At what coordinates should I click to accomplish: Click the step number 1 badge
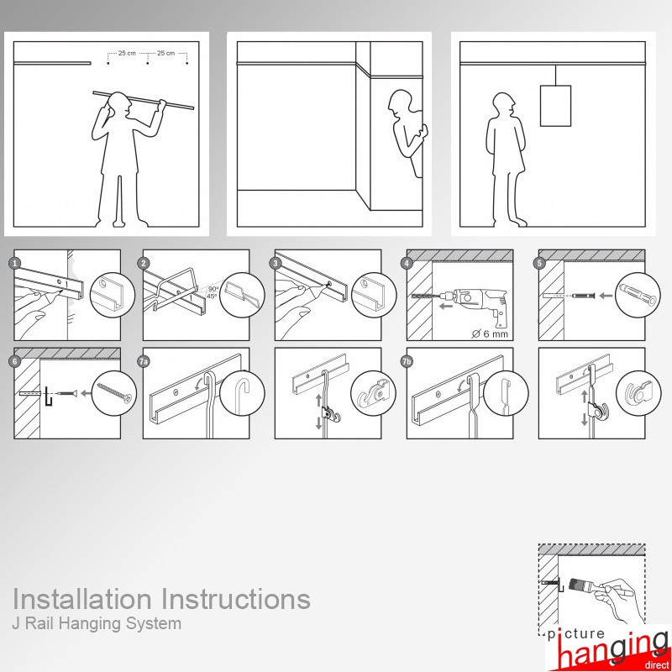15,263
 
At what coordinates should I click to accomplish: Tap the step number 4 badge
407,263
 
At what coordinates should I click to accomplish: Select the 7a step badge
144,361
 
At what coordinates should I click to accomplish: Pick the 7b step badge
407,361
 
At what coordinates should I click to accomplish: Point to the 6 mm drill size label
491,333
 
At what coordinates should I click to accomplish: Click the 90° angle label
213,289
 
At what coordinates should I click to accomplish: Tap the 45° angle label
212,297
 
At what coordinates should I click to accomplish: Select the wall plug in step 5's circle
638,294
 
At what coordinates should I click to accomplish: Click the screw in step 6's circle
114,393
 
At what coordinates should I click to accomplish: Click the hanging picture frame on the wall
555,106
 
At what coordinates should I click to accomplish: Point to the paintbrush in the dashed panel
585,585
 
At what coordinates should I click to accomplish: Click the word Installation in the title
82,599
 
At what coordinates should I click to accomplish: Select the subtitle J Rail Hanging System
97,623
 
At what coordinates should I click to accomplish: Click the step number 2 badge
144,263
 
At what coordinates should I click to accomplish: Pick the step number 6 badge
15,361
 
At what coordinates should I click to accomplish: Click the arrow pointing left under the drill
446,306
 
